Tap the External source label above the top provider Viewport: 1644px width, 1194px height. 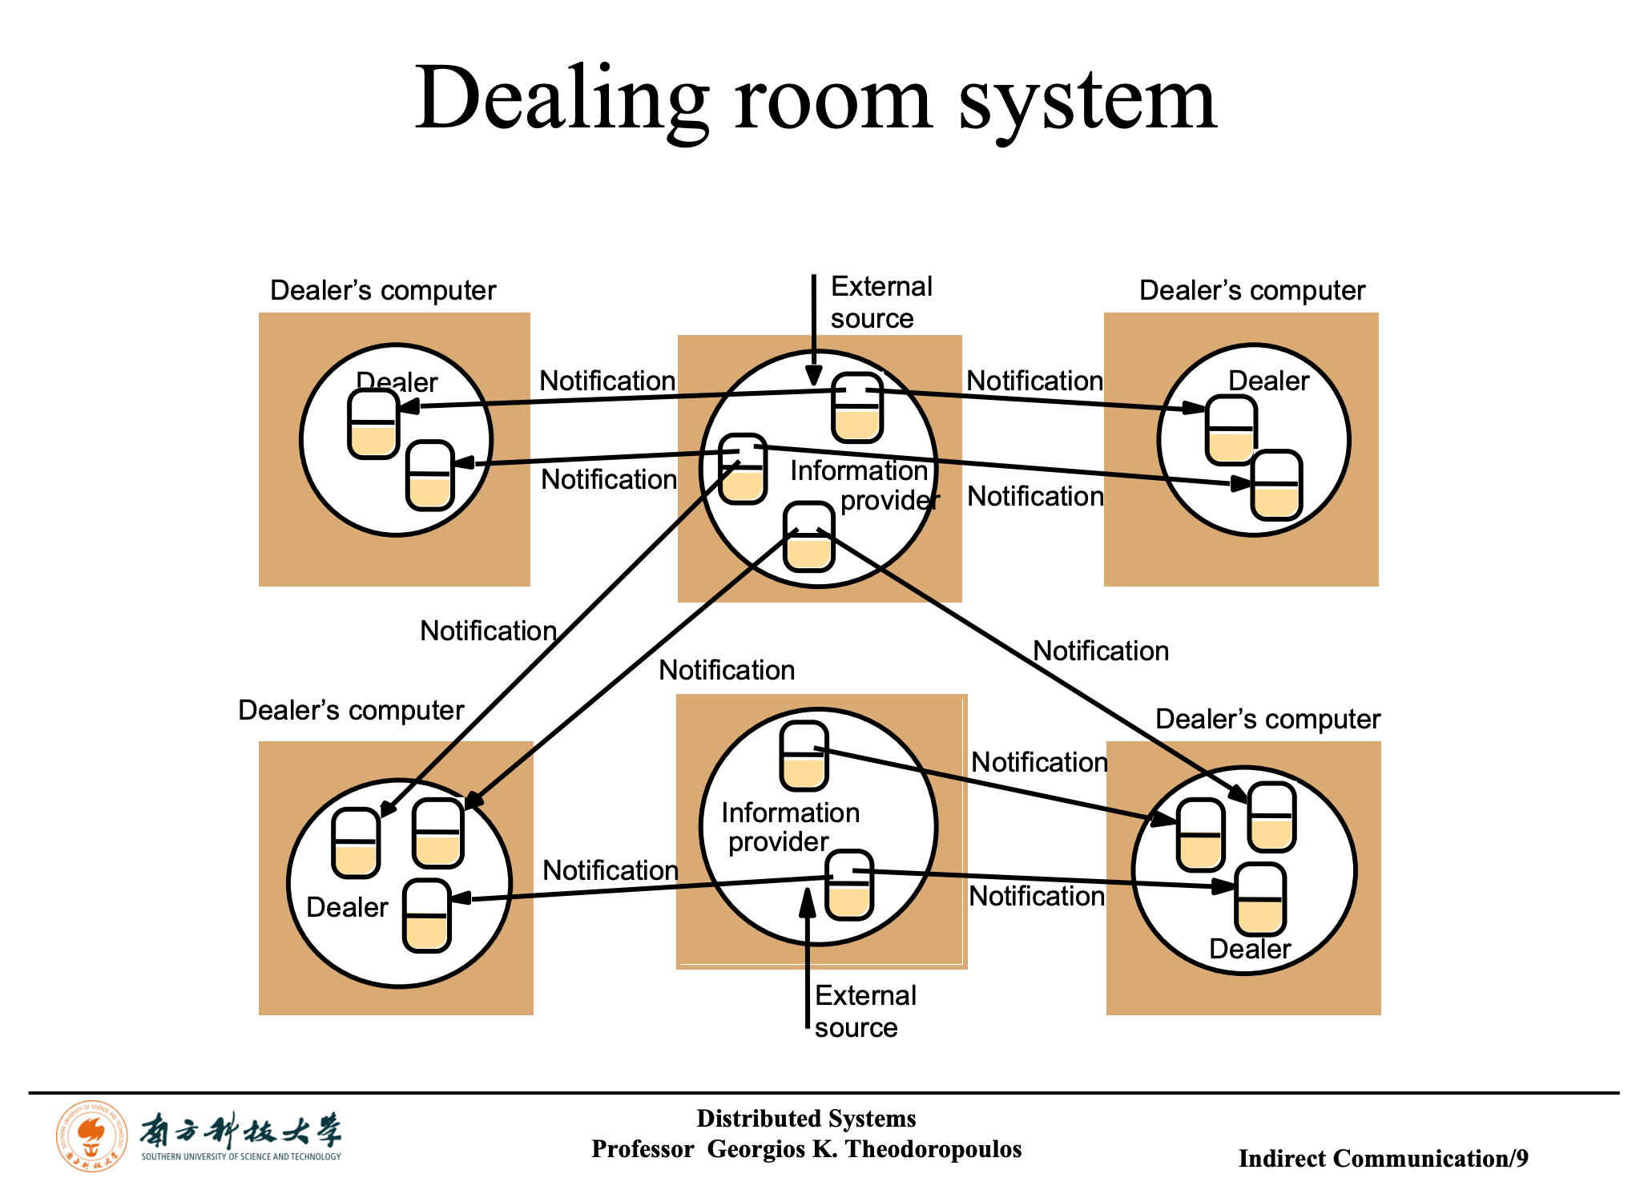(881, 302)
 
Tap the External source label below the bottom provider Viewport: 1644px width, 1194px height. (865, 1011)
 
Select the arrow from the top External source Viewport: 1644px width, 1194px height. (813, 330)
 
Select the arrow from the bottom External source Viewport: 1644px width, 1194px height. (808, 958)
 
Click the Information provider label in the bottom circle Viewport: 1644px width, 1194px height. (790, 827)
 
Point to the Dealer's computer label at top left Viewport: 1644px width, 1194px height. (383, 290)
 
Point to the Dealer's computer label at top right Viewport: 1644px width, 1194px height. (1252, 290)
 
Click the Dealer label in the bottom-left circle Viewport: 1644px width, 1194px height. (347, 907)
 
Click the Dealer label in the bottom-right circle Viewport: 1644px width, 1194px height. (1250, 949)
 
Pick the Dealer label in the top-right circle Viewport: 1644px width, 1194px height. (1269, 381)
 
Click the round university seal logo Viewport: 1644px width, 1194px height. (92, 1136)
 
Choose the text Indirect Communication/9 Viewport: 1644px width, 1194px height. (1384, 1158)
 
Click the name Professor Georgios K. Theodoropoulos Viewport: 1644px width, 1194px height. (807, 1149)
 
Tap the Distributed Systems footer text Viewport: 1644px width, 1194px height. (806, 1118)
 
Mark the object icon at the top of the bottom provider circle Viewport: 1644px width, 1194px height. (804, 756)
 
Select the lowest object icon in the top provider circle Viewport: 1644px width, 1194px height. (809, 537)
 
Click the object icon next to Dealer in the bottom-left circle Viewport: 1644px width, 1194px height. (427, 915)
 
